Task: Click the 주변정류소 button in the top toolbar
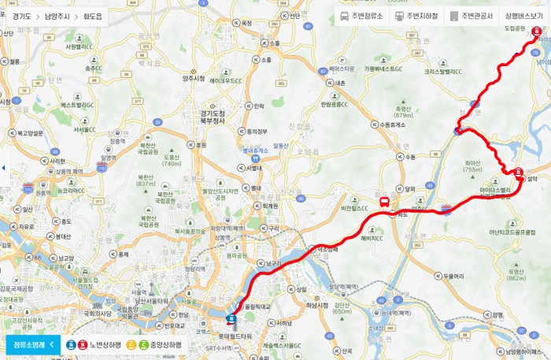pyautogui.click(x=361, y=16)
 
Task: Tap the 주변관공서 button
pyautogui.click(x=471, y=16)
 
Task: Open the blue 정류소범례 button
pyautogui.click(x=32, y=344)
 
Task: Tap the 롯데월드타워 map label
pyautogui.click(x=235, y=336)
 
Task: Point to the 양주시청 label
pyautogui.click(x=193, y=78)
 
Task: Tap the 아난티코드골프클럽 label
pyautogui.click(x=516, y=232)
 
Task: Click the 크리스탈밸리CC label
pyautogui.click(x=446, y=71)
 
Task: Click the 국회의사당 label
pyautogui.click(x=93, y=313)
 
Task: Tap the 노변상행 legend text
pyautogui.click(x=105, y=344)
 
